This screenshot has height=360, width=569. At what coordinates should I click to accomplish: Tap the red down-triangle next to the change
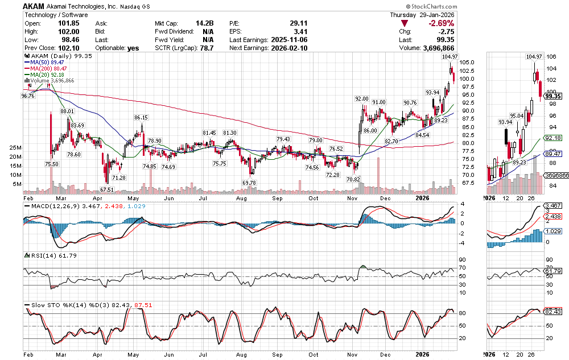point(404,23)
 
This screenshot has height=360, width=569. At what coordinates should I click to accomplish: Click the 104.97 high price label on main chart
point(450,57)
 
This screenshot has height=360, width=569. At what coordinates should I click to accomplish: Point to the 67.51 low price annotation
point(108,189)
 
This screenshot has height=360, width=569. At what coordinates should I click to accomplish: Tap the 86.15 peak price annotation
point(141,117)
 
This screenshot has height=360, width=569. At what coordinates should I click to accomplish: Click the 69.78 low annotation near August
point(249,182)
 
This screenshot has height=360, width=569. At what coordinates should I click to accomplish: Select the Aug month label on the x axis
point(241,198)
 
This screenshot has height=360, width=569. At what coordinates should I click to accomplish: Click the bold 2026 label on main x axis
point(422,198)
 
